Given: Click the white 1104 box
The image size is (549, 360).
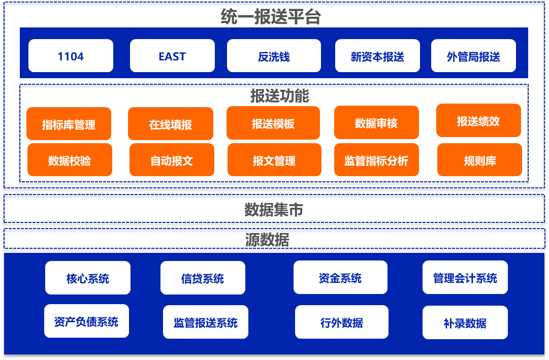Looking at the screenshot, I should point(71,56).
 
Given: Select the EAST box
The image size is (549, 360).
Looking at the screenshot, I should point(172,56).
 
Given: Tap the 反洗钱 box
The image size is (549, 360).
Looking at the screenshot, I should point(274,56).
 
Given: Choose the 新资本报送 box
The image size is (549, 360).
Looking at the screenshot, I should point(377,56).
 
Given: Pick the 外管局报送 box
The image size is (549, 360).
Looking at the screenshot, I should point(473,56).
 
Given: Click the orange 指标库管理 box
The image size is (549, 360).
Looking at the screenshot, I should point(69,124).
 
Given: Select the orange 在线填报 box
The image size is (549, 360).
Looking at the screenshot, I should point(171,124).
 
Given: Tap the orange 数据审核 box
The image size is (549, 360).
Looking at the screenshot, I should point(376,122).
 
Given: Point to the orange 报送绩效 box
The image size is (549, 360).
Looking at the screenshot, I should point(478,120).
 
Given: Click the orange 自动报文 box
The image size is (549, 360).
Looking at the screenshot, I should point(172,160).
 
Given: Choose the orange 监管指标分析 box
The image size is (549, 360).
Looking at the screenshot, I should point(376,160).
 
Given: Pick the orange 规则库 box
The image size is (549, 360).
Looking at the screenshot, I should point(479,160).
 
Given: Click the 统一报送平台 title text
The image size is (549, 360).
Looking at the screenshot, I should point(271,17).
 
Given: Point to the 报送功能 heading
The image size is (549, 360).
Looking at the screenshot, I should point(279,96).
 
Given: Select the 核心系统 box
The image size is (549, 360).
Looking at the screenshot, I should point(88,278).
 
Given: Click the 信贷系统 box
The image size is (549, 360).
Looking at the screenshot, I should point(203,278).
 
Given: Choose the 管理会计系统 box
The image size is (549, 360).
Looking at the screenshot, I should point(465,277).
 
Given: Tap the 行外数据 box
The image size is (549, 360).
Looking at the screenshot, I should point(341,322).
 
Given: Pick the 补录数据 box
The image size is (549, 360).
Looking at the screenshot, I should point(465,322).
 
